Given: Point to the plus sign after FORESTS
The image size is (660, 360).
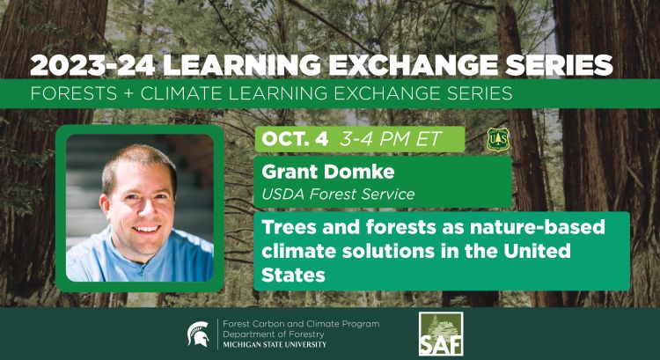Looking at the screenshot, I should click(121, 92).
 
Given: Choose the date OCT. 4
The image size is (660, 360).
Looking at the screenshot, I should click(288, 139).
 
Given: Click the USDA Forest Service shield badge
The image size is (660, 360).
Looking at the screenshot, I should click(499, 139).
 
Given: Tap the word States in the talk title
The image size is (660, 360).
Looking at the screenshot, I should click(294, 275).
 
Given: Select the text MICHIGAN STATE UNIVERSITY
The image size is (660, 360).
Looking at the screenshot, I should click(275, 344).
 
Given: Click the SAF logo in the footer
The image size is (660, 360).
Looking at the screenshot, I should click(439, 334).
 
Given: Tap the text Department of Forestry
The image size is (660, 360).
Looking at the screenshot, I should click(274, 334).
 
